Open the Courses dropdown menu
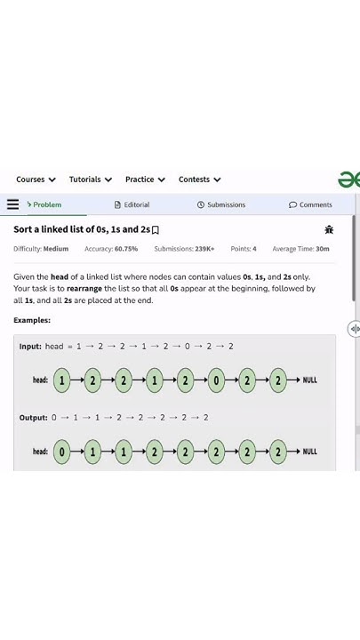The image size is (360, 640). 36,180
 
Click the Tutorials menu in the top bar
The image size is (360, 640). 90,180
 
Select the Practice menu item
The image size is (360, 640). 145,180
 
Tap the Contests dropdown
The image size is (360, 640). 199,180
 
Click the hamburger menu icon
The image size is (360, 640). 12,204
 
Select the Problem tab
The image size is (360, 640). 44,204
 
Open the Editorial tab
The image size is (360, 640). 132,204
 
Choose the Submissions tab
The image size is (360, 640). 221,204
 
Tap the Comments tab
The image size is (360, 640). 311,204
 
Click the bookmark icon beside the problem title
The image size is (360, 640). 156,230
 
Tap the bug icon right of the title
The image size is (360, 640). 330,229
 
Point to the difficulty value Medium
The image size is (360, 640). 56,249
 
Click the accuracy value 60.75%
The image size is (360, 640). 126,249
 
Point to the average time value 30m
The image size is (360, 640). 323,249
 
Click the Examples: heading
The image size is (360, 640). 32,320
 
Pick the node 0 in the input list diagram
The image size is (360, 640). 216,380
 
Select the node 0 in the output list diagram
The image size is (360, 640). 62,452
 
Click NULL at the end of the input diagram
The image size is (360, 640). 309,380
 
